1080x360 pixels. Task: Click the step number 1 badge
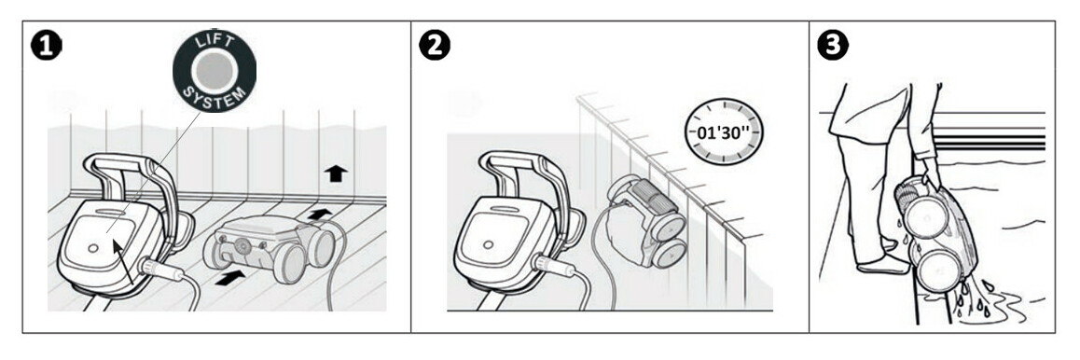pyautogui.click(x=46, y=47)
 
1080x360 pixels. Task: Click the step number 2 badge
pyautogui.click(x=435, y=46)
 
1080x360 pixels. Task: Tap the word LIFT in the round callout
pyautogui.click(x=215, y=43)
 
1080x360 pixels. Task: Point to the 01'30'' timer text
pyautogui.click(x=724, y=132)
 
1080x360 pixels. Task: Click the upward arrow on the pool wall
pyautogui.click(x=336, y=173)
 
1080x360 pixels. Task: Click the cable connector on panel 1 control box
pyautogui.click(x=159, y=270)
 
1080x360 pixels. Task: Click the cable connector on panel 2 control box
pyautogui.click(x=556, y=269)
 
